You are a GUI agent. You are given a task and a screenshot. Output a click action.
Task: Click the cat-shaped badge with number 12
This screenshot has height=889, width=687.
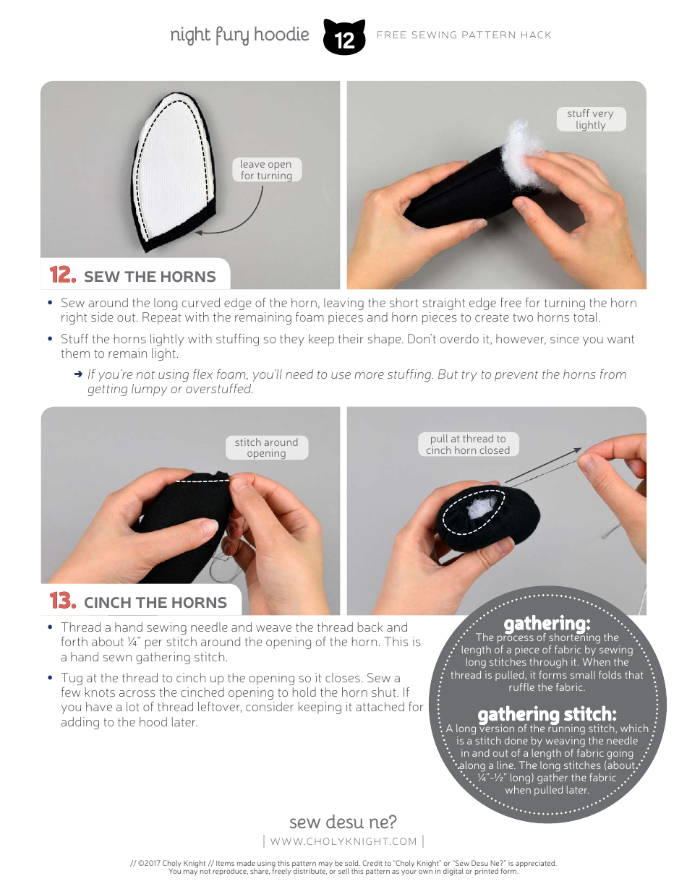[x=344, y=37]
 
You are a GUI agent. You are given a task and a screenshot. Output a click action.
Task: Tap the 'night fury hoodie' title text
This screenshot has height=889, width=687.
[x=239, y=35]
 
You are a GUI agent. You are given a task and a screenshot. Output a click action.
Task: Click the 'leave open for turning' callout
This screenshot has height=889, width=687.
[x=266, y=170]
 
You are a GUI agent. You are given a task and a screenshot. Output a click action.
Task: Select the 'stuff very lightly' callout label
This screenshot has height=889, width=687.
[x=591, y=119]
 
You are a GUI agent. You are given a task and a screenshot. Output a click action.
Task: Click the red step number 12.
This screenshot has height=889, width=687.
[x=63, y=275]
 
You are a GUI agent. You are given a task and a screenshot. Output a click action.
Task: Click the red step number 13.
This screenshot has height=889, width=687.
[x=63, y=601]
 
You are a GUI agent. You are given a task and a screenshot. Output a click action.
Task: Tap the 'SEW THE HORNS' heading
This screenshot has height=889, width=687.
[x=150, y=277]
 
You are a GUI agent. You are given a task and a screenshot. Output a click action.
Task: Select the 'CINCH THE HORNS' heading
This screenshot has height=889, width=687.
[x=155, y=603]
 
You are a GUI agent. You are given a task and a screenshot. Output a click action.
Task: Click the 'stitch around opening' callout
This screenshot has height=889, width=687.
[x=267, y=447]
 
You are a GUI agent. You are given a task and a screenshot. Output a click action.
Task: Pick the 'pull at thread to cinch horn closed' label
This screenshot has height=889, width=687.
[x=468, y=444]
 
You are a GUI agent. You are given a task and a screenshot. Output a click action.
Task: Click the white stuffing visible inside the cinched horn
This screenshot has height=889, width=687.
[x=483, y=507]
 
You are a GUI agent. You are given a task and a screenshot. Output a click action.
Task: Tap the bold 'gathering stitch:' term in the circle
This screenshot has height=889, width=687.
[x=547, y=715]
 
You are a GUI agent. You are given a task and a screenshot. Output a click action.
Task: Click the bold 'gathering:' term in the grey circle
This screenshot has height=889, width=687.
[x=547, y=624]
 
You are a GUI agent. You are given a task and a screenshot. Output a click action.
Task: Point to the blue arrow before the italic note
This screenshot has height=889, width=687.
[x=78, y=374]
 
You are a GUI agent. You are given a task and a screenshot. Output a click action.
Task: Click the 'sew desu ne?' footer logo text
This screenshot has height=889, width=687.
[x=343, y=822]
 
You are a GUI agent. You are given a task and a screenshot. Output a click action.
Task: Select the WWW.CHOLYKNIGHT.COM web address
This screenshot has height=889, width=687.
[x=343, y=841]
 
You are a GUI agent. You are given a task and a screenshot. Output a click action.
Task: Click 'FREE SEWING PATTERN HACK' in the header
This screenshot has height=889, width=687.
[x=464, y=35]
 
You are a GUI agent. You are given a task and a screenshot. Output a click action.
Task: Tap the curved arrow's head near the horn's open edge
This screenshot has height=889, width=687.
[x=198, y=233]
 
